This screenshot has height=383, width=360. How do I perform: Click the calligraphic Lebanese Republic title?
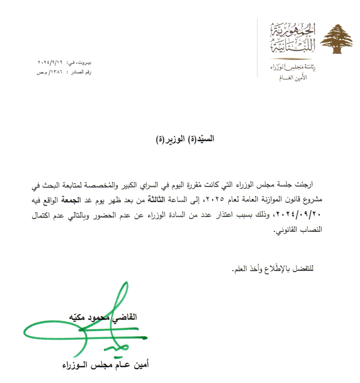[x=292, y=39]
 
